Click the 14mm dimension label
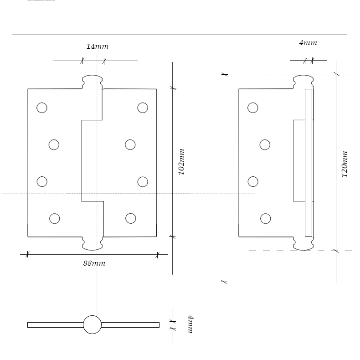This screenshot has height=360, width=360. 98,46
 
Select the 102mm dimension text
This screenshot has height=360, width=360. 181,162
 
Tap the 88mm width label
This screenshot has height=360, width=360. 94,263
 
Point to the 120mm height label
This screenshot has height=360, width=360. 345,164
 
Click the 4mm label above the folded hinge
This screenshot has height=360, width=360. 308,43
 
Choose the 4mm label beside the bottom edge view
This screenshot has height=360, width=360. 190,324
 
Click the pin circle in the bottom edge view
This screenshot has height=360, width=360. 92,324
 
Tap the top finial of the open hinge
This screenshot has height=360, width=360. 92,81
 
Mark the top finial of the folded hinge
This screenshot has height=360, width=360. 303,81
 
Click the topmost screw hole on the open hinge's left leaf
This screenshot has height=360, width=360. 42,108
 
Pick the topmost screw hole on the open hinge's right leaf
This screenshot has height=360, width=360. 143,108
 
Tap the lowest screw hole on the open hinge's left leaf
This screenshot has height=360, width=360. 55,219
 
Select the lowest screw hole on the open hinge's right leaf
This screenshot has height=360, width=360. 131,219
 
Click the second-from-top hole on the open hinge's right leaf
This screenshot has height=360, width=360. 130,144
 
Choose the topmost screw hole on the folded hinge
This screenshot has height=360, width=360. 253,108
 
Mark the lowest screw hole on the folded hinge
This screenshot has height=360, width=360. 266,219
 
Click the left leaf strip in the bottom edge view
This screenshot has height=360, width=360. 55,325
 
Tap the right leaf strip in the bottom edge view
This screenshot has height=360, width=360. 130,325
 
